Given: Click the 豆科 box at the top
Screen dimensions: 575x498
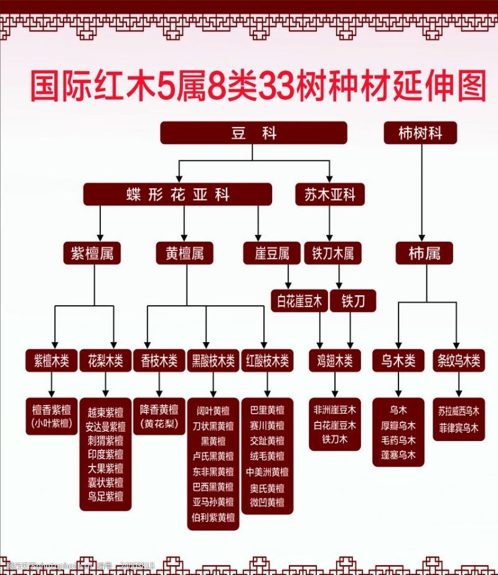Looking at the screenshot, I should (x=253, y=133).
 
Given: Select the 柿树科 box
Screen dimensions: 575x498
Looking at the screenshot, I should (x=420, y=133).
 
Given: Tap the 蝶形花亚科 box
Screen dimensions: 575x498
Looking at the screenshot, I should (x=177, y=194).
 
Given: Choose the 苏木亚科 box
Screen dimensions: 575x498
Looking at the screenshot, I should (x=329, y=194).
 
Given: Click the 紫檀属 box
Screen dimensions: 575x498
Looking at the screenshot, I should (x=92, y=253).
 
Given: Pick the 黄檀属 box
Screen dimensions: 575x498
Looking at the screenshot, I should (x=184, y=253).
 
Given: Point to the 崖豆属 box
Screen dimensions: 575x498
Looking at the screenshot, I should (x=271, y=253).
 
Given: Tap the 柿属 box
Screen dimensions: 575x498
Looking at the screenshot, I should (x=425, y=253).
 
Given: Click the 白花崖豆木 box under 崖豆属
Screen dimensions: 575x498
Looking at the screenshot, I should (x=299, y=302).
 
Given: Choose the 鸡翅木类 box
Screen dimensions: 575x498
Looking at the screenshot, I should (x=334, y=359).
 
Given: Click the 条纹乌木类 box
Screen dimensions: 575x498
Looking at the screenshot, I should (x=458, y=359).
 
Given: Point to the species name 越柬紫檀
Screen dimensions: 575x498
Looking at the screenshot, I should (x=105, y=412).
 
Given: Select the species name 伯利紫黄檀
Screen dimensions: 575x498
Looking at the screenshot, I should (x=214, y=517).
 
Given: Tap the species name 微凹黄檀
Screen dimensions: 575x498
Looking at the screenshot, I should (x=267, y=502).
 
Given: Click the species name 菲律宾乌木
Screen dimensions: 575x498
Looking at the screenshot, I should (x=458, y=428).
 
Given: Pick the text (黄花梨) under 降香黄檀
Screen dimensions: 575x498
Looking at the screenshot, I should (x=159, y=424).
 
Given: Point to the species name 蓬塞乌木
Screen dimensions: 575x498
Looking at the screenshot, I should (x=398, y=455).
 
